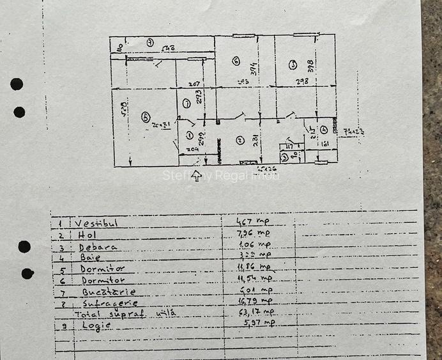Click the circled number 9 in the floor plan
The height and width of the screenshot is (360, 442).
click(x=149, y=42)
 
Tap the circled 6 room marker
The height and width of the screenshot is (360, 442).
click(x=236, y=61)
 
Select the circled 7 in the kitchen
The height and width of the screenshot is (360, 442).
click(x=186, y=103)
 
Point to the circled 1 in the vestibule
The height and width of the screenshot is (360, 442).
click(x=189, y=134)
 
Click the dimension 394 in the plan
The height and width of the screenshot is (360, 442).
click(x=254, y=69)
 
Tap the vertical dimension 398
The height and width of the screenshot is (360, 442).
click(x=310, y=65)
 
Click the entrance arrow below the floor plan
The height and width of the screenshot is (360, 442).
click(x=196, y=176)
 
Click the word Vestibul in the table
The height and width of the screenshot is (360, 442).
click(x=96, y=224)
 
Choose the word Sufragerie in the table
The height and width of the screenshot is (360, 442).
click(x=109, y=302)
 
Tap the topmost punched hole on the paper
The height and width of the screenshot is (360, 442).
click(x=17, y=84)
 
